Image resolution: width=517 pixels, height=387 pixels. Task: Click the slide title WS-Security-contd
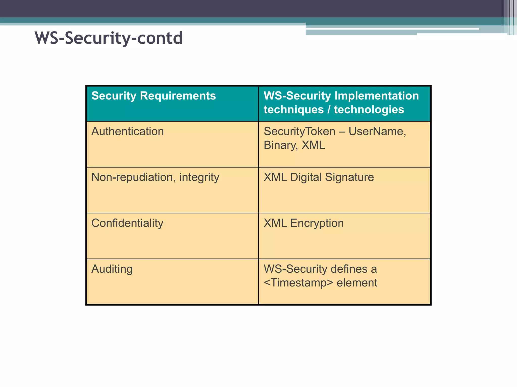109,38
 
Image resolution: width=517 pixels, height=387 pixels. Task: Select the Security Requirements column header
153,96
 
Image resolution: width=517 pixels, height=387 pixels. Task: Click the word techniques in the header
294,110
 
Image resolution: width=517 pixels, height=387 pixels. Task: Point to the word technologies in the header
369,110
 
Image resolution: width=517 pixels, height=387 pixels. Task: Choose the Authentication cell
127,132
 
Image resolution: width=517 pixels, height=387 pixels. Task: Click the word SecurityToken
299,132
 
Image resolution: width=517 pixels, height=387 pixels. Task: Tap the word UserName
377,132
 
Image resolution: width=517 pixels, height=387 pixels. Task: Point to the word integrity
199,178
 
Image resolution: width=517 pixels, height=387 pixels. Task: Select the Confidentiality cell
127,223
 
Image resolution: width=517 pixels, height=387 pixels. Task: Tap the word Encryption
317,223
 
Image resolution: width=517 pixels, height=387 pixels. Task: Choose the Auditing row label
112,269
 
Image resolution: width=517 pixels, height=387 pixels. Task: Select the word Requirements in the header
178,96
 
